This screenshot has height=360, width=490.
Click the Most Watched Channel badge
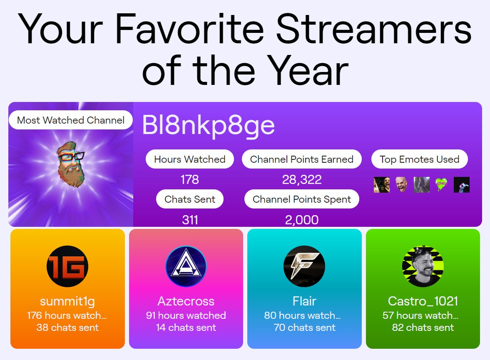(x=70, y=120)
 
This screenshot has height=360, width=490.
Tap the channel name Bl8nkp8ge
(x=208, y=124)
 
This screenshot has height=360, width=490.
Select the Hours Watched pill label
(x=189, y=159)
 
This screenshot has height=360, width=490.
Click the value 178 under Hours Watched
(x=189, y=180)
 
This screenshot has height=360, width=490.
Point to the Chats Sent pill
(x=189, y=199)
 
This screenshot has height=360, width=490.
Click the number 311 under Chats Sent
(x=190, y=220)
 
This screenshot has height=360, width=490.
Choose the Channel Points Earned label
(x=301, y=159)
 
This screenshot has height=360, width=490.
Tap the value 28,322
(x=301, y=180)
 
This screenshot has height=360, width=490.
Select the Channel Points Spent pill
(x=301, y=199)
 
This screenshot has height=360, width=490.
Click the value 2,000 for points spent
(x=301, y=220)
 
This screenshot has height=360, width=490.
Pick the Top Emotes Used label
(x=419, y=159)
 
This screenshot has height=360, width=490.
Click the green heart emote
(x=441, y=184)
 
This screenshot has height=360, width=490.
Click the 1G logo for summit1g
(x=67, y=266)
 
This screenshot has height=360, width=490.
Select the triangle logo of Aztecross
(x=186, y=266)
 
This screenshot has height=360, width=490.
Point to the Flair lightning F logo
(x=304, y=266)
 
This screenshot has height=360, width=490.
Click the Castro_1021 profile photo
(x=423, y=266)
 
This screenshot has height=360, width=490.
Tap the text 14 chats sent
(x=186, y=328)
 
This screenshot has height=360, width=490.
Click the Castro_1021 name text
(x=423, y=301)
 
